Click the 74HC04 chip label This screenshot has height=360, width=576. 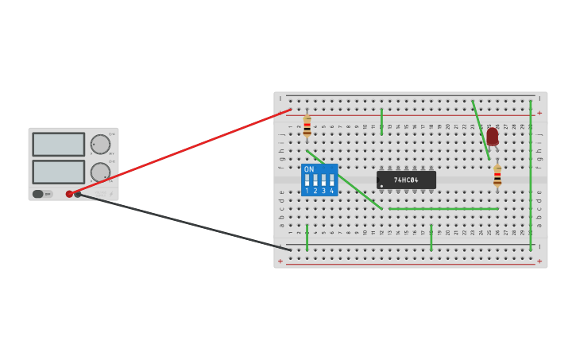(406, 180)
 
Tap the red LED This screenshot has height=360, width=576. (493, 137)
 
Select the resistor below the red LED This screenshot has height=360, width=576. (497, 176)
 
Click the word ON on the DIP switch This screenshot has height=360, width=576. (309, 169)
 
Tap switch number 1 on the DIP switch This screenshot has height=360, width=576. (307, 180)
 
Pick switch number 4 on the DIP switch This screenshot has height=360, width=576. (331, 180)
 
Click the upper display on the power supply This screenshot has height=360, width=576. (58, 144)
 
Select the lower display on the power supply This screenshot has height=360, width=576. (58, 172)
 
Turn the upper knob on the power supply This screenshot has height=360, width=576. (100, 144)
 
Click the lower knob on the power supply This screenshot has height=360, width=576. (100, 172)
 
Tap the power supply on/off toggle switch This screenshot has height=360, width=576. (38, 194)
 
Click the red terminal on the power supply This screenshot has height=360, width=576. (69, 194)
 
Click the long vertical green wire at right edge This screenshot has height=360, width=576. (531, 175)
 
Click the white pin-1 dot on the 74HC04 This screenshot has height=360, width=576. (381, 186)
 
